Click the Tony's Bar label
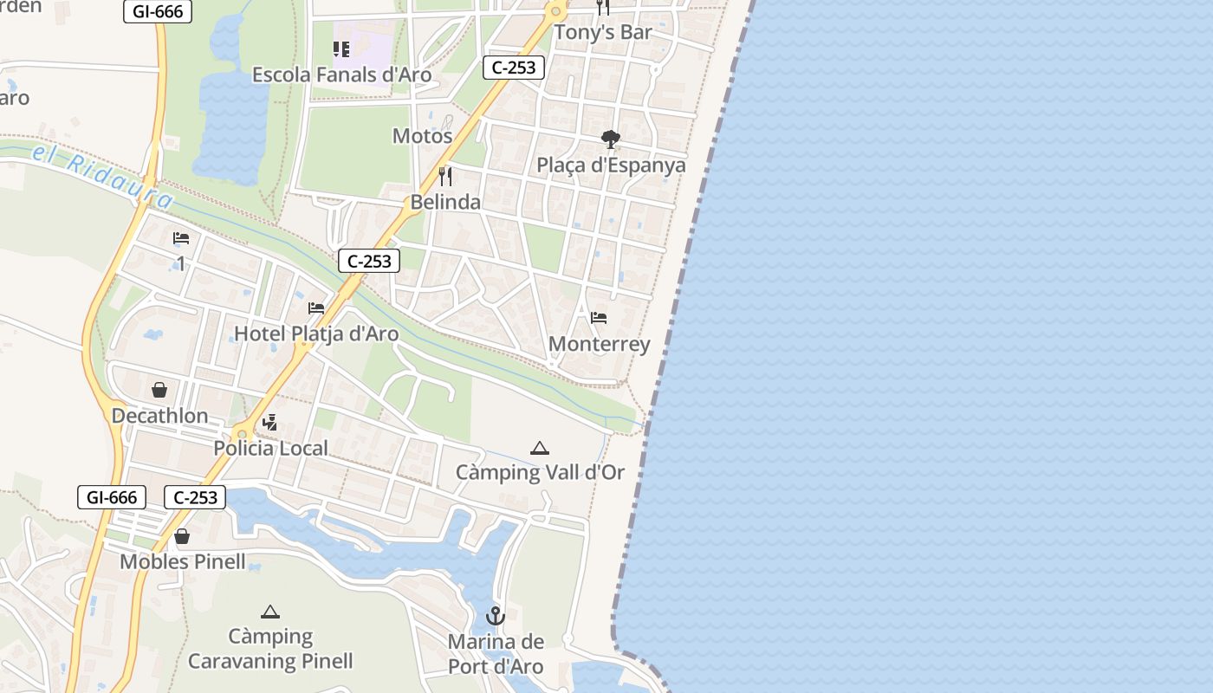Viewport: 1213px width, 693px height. (x=603, y=32)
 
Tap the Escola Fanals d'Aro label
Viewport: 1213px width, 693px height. (x=341, y=74)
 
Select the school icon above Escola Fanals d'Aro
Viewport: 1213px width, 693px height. (x=341, y=49)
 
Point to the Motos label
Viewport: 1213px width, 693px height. (x=423, y=136)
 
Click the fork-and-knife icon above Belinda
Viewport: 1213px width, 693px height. (x=445, y=177)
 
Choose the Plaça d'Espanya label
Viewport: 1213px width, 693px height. (x=611, y=165)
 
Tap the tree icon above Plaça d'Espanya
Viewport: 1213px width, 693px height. (x=611, y=139)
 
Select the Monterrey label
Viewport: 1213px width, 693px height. (x=600, y=344)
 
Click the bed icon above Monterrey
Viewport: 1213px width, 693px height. (x=599, y=318)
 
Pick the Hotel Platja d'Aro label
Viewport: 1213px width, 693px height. (x=316, y=334)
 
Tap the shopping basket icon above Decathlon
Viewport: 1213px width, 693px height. (x=159, y=390)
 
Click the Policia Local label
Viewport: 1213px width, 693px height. (x=270, y=448)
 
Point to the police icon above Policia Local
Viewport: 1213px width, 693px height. (x=270, y=423)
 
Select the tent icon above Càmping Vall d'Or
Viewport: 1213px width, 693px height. (x=540, y=448)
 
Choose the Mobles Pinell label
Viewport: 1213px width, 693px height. (x=183, y=561)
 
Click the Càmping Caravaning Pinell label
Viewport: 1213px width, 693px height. (x=270, y=649)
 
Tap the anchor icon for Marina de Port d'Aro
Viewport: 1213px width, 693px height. (x=496, y=616)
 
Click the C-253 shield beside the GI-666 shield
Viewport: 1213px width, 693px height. (x=195, y=497)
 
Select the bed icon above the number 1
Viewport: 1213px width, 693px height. (x=181, y=238)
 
